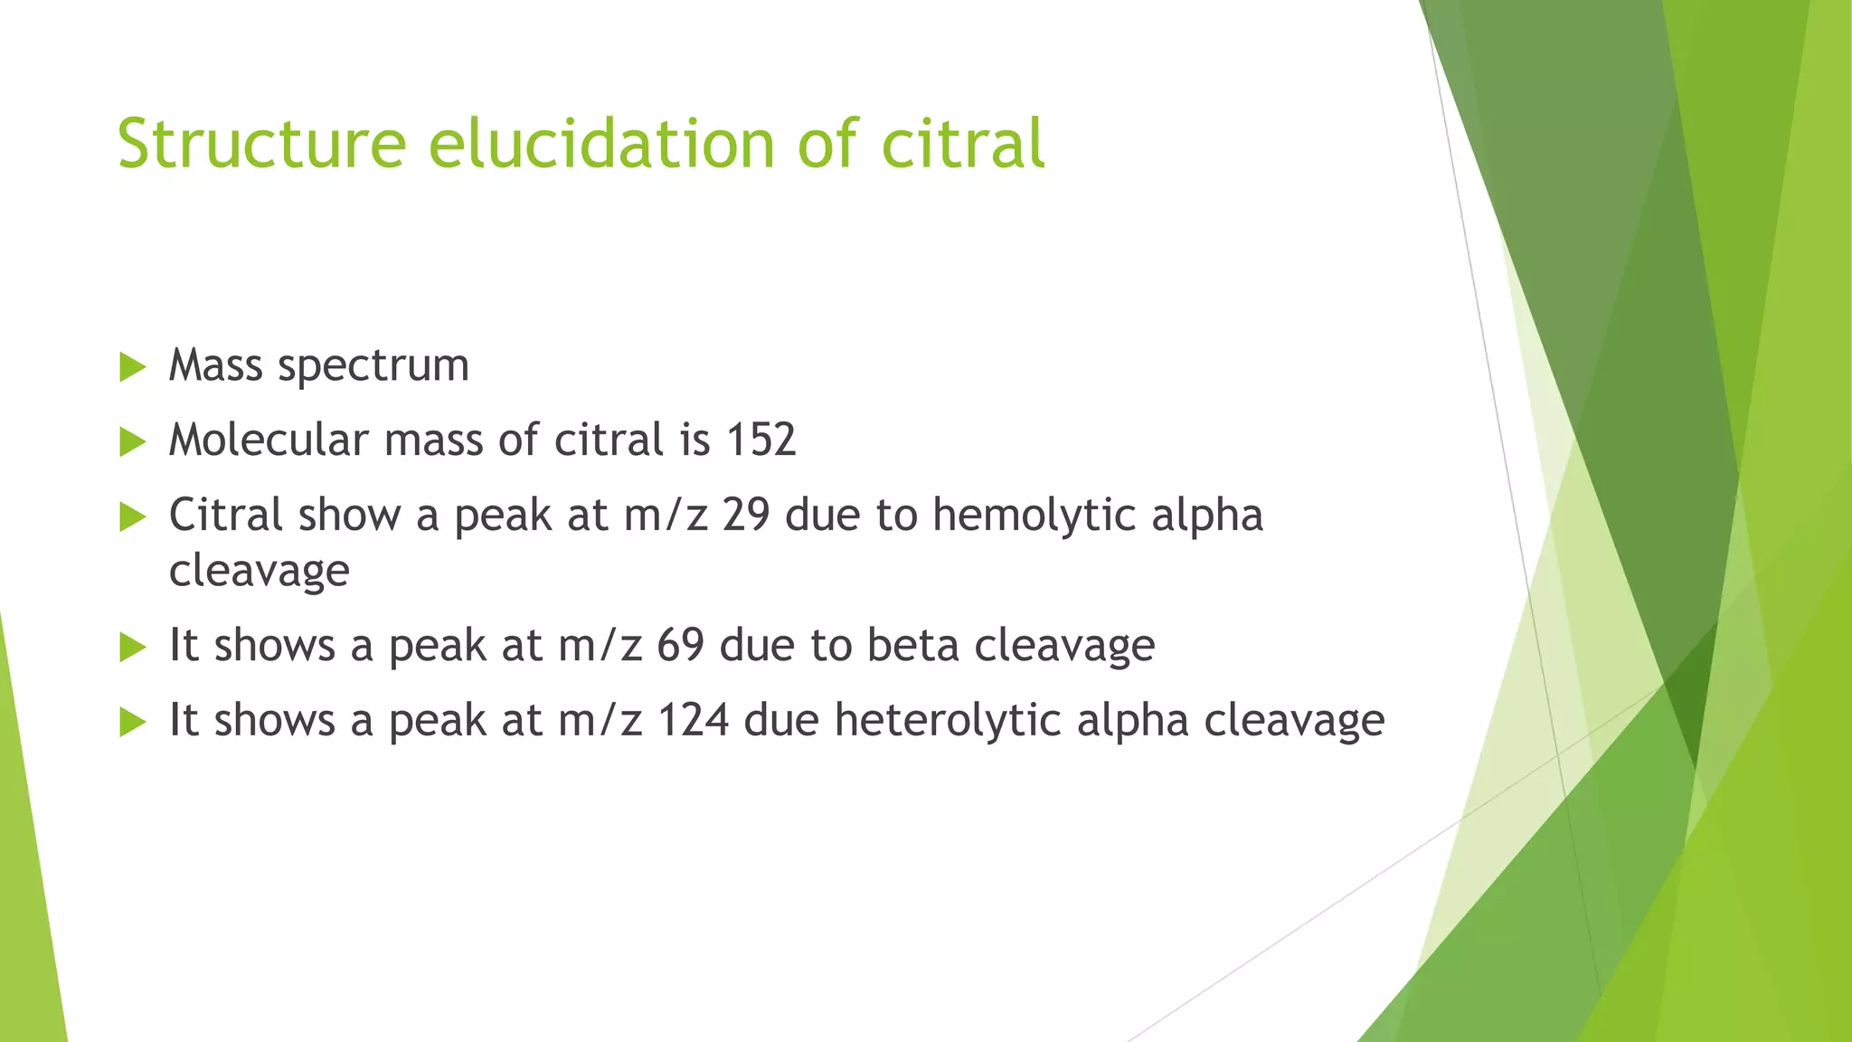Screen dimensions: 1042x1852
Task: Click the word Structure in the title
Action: pyautogui.click(x=261, y=145)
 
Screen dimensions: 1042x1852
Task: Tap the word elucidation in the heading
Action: pyautogui.click(x=601, y=145)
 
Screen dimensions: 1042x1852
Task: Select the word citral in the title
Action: pyautogui.click(x=963, y=145)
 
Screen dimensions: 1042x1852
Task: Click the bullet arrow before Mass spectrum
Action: pyautogui.click(x=132, y=367)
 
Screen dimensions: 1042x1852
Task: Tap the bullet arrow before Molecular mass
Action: pyautogui.click(x=132, y=442)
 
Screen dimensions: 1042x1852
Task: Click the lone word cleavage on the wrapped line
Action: pyautogui.click(x=260, y=571)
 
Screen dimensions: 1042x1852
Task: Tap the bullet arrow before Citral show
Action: pyautogui.click(x=132, y=517)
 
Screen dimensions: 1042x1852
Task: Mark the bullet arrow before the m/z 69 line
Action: pyautogui.click(x=132, y=648)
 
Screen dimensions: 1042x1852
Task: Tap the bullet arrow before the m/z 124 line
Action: pyautogui.click(x=132, y=723)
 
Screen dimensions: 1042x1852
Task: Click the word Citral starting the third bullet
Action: pyautogui.click(x=226, y=516)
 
